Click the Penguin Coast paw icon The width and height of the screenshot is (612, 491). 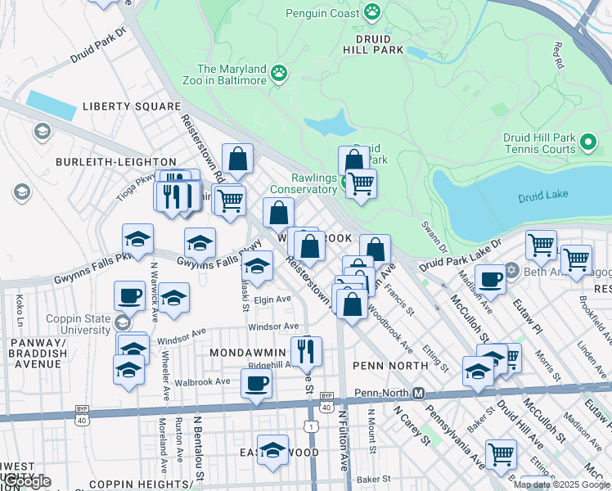tap(373, 11)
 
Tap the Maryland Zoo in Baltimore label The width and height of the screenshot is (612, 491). tap(232, 74)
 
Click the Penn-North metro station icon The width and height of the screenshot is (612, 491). tap(418, 393)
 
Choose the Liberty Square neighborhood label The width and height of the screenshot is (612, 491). tap(131, 106)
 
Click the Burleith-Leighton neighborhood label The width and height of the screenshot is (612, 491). tap(115, 162)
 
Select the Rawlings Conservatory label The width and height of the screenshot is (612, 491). tap(303, 183)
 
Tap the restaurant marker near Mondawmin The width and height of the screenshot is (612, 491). tap(307, 351)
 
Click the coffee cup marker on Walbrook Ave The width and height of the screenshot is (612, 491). tap(256, 382)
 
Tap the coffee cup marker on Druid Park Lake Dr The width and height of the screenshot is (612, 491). tap(490, 279)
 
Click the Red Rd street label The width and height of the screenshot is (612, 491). tap(559, 56)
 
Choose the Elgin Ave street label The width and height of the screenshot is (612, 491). tap(272, 300)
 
